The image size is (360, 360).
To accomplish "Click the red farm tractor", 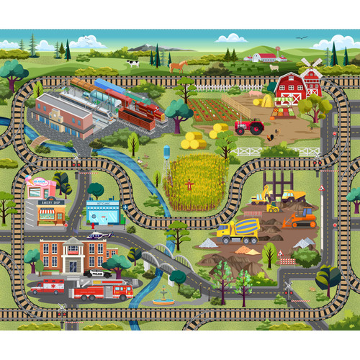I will click(x=249, y=127).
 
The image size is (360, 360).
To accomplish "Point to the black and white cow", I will click(x=132, y=63).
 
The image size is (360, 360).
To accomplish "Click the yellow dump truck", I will click(x=292, y=195).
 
